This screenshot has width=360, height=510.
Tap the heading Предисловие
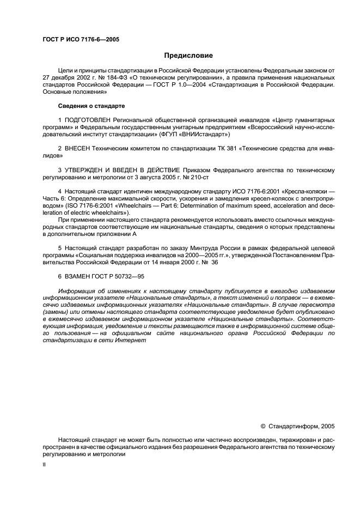188,56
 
